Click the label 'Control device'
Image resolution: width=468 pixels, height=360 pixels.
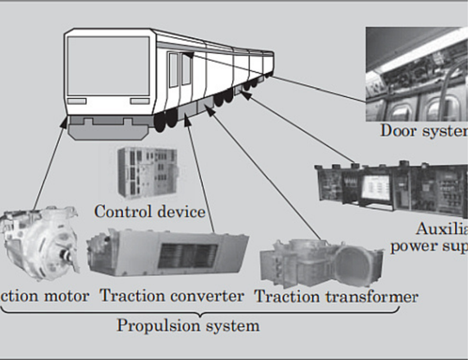tap(149, 211)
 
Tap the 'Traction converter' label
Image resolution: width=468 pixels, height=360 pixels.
tap(171, 297)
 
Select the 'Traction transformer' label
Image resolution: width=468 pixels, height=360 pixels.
tap(336, 297)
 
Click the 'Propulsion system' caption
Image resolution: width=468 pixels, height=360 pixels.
tap(188, 326)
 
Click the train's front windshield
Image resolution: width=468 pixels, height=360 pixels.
tap(97, 62)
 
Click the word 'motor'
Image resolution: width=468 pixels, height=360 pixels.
tap(65, 297)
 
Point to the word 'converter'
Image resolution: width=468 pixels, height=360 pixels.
tap(207, 297)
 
